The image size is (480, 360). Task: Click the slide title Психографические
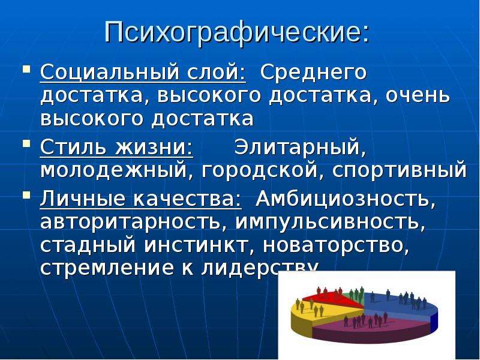coord(236,33)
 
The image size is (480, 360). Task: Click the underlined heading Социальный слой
coord(143,73)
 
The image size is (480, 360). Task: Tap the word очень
coord(418,95)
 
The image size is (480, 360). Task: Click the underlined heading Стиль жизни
coord(116,148)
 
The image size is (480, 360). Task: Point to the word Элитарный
coord(300,148)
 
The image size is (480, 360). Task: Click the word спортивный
coord(399,170)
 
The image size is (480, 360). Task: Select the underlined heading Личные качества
coord(141,199)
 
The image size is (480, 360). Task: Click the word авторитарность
coord(133,222)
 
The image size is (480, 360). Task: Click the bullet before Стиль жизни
coord(27,143)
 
